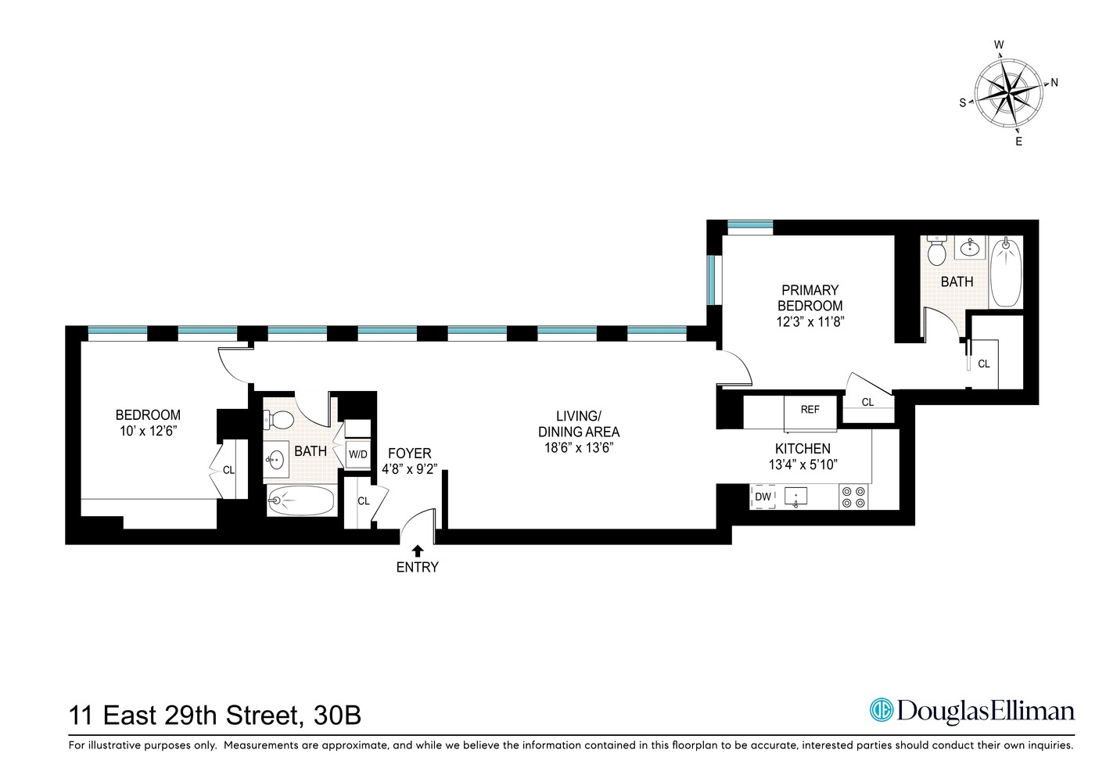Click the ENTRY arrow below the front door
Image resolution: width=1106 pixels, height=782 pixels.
418,551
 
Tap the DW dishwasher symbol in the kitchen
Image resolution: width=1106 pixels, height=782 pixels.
763,497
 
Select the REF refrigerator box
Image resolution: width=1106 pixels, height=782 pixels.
810,410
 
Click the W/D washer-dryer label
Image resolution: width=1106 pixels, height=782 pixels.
357,454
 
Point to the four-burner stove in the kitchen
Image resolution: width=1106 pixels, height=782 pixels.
853,497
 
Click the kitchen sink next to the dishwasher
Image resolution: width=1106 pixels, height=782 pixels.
796,497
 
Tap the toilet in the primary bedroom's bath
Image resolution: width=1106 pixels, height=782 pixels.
936,251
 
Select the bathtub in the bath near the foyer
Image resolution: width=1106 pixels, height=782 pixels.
301,501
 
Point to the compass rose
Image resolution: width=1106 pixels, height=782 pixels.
1008,92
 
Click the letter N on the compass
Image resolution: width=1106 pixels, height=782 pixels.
1054,82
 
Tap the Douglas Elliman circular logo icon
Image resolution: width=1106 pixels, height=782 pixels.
882,710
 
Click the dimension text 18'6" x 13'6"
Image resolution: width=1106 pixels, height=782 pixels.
578,447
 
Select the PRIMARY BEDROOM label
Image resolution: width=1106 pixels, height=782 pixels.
810,298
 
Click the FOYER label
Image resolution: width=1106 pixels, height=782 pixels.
409,454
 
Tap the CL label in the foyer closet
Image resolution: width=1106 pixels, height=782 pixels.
363,501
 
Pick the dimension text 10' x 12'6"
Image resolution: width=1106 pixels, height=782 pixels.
148,431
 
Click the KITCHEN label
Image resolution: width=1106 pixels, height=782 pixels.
803,448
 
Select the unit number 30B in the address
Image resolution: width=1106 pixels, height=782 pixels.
337,716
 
